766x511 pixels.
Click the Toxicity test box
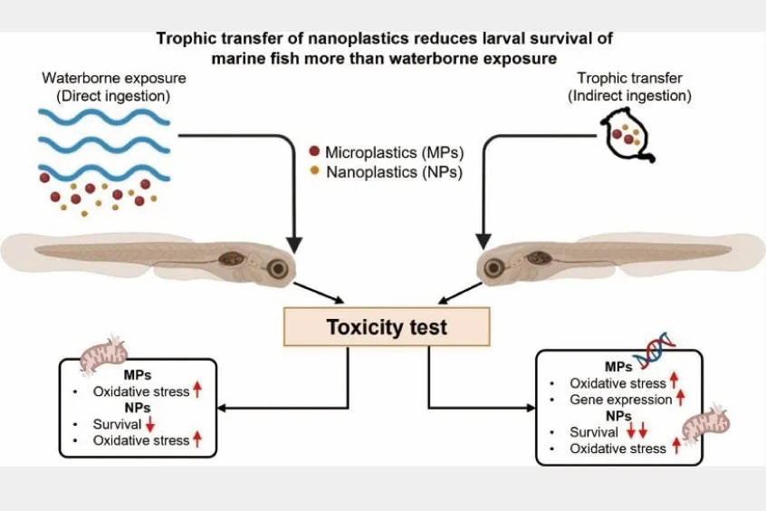(387, 326)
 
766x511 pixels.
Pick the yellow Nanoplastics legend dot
(313, 170)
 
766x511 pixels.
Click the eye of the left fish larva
(279, 268)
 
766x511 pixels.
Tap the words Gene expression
(620, 400)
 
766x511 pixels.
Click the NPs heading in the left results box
(137, 408)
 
